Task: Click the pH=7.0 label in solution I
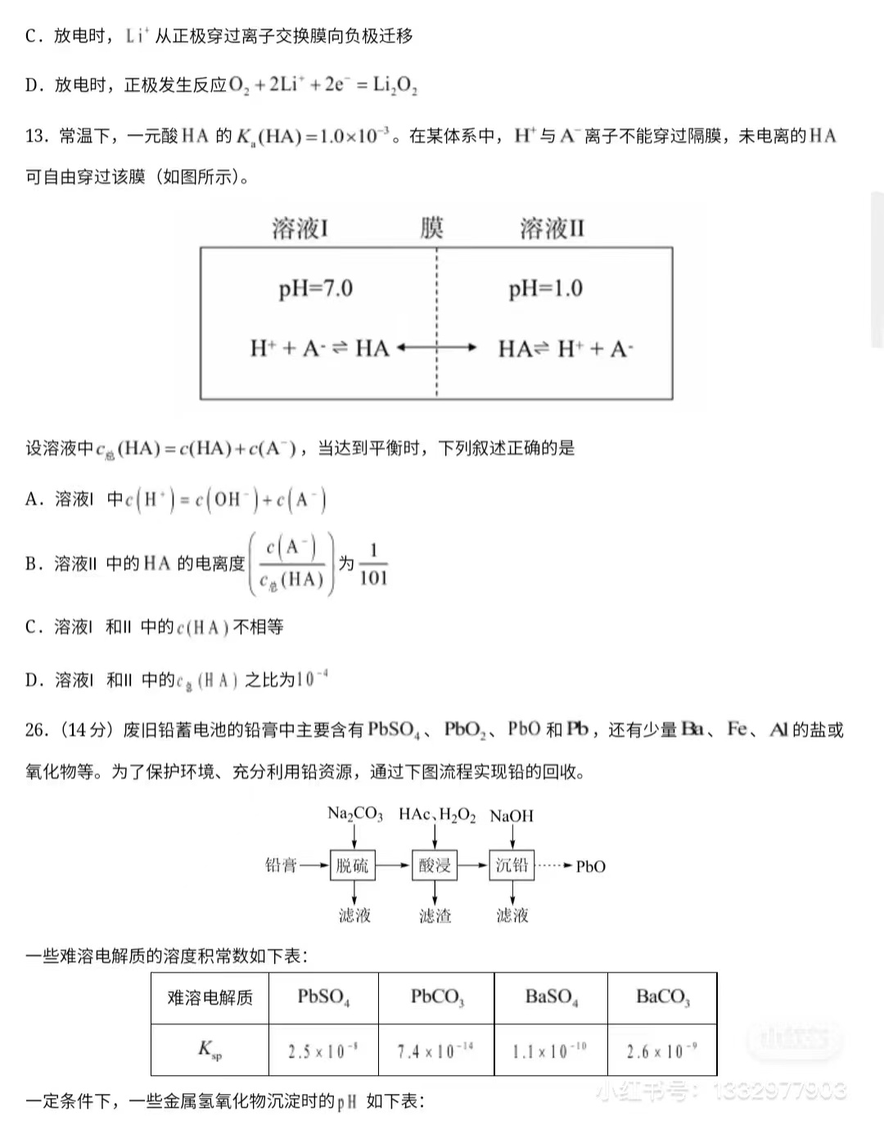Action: coord(315,288)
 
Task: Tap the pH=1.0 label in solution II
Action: coord(545,288)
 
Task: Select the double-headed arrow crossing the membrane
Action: coord(436,348)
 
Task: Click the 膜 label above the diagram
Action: coord(431,228)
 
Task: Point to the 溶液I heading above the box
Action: coord(300,228)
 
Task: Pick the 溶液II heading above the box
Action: coord(552,228)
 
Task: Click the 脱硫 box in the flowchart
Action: coord(353,866)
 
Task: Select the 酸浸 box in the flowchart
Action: coord(434,866)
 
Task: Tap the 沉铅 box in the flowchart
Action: coord(512,866)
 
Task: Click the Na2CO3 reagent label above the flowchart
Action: coord(354,814)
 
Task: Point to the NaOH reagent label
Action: coord(512,816)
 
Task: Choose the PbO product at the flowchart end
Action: coord(590,866)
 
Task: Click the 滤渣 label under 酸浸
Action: coord(435,915)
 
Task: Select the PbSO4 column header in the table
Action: coord(323,997)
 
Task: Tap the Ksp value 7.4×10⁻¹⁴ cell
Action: coord(435,1051)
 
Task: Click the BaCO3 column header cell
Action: coord(662,997)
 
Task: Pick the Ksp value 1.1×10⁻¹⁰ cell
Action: coord(550,1051)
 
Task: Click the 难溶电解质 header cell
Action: coord(210,997)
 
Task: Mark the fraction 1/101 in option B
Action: coord(373,564)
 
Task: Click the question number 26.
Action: coord(37,730)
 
